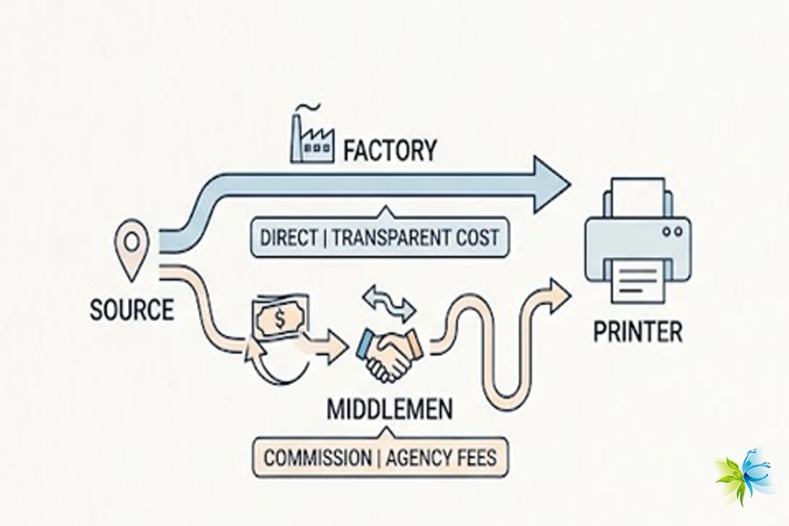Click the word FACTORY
point(389,150)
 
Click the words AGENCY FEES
point(440,458)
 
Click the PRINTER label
point(637,332)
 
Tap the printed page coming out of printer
point(637,281)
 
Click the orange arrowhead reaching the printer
point(556,288)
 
